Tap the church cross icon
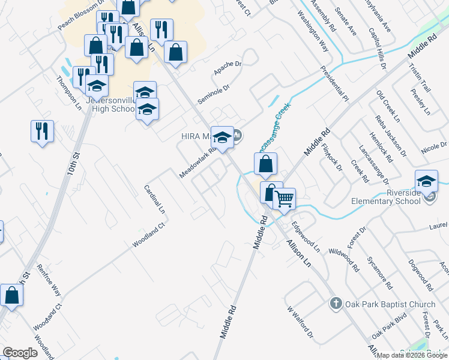point(336,304)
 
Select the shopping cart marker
point(285,198)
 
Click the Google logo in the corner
point(20,353)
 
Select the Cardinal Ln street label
point(154,199)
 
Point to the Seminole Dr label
point(214,93)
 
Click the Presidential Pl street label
point(334,83)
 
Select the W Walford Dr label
point(300,322)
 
